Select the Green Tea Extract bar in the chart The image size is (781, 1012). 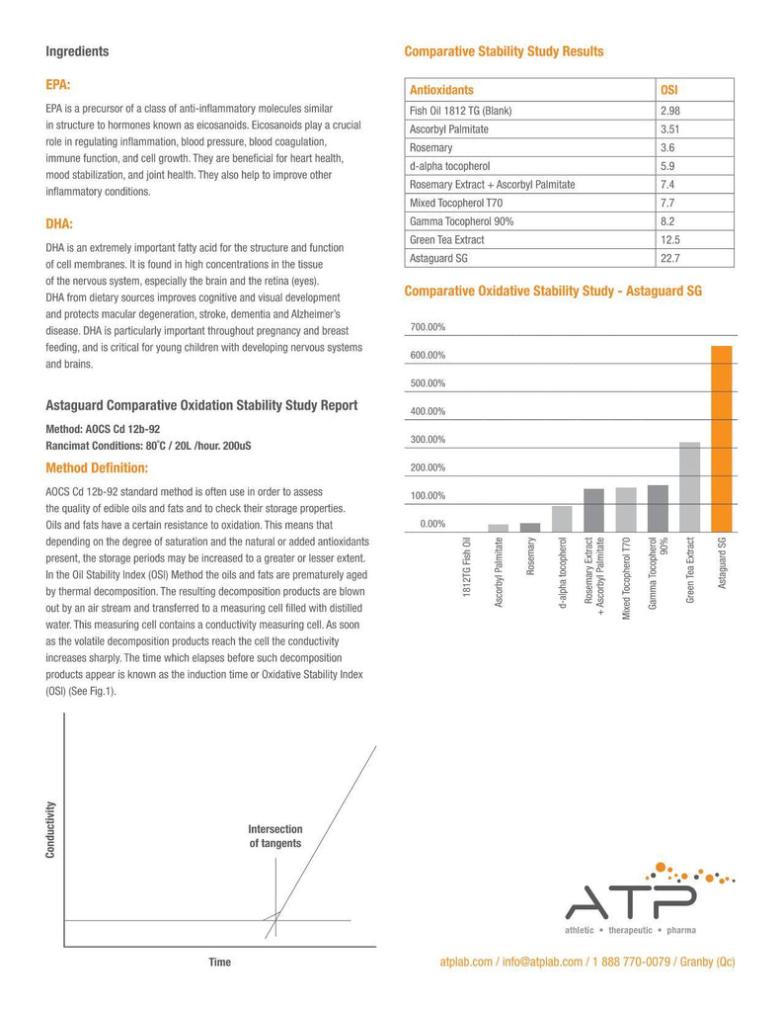tap(690, 487)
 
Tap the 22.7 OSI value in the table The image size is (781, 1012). tap(670, 258)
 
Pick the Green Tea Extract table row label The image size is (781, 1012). tap(447, 239)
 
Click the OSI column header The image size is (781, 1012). tap(668, 90)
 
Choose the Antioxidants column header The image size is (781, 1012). tap(441, 90)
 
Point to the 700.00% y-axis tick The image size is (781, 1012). tap(428, 327)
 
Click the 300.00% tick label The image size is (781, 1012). tap(428, 440)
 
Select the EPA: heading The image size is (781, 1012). tap(58, 86)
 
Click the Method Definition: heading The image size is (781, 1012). tap(97, 467)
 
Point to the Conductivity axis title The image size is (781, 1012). tap(51, 828)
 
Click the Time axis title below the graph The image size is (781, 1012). tap(219, 963)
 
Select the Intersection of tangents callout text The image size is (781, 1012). tap(275, 836)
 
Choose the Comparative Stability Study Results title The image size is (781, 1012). tap(505, 51)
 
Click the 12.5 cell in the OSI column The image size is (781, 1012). tap(670, 239)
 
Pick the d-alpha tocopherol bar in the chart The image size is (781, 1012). tap(562, 519)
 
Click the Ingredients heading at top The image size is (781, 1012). tap(78, 51)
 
